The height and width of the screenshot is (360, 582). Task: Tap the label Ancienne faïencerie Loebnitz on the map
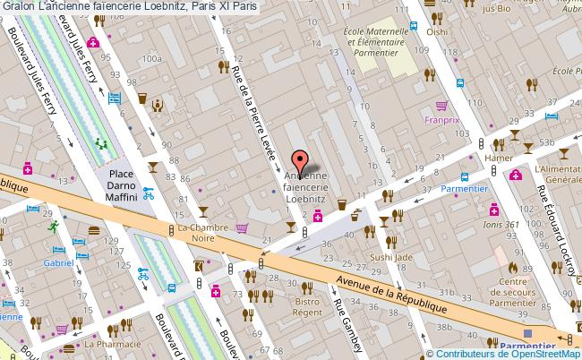coord(304,189)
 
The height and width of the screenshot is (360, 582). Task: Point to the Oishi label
coord(436,33)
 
